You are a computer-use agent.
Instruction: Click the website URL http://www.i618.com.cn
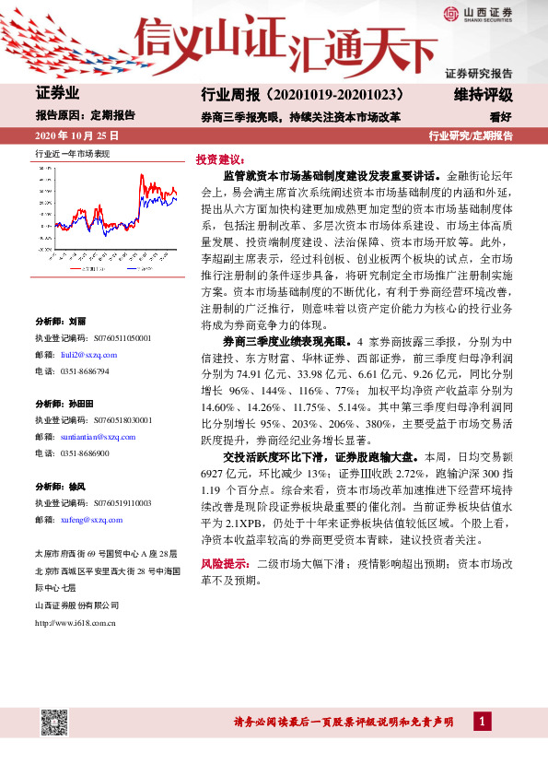point(75,623)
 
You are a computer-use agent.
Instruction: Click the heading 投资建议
point(218,159)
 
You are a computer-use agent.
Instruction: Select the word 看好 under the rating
point(500,117)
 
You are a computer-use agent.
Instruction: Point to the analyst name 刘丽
point(76,322)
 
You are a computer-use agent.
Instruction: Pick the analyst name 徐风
point(76,487)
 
